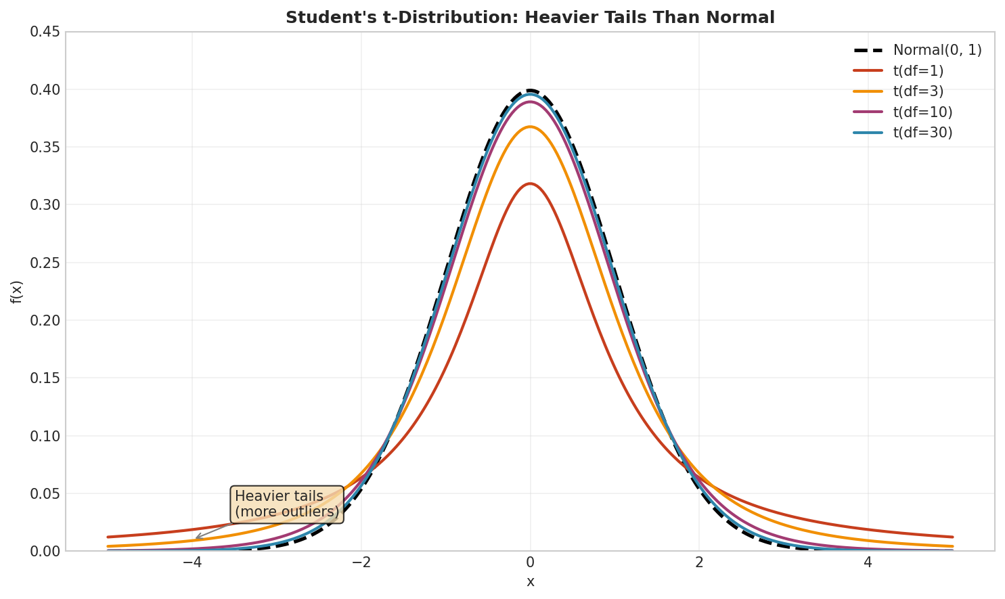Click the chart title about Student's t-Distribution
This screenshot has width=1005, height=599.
pos(530,18)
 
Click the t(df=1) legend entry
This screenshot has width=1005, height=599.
pos(918,71)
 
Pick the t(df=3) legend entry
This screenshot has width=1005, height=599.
pos(918,91)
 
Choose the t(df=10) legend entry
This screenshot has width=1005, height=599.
pos(922,112)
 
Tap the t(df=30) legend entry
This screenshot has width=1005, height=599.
pos(922,133)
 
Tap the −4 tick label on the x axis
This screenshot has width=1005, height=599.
pos(192,562)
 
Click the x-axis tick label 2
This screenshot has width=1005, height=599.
pos(699,562)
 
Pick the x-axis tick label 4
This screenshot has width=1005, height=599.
pos(868,562)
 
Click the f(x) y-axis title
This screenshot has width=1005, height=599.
pos(17,291)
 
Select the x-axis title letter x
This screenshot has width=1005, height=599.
pos(530,582)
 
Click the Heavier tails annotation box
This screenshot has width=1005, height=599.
pos(287,504)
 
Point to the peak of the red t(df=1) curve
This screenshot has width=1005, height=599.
pos(530,183)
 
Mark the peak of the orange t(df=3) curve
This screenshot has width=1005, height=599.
pos(530,127)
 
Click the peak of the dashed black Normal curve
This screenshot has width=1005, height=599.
pos(530,90)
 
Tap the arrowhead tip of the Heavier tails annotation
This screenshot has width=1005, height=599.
pos(195,539)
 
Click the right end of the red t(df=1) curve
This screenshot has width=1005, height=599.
pos(952,537)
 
